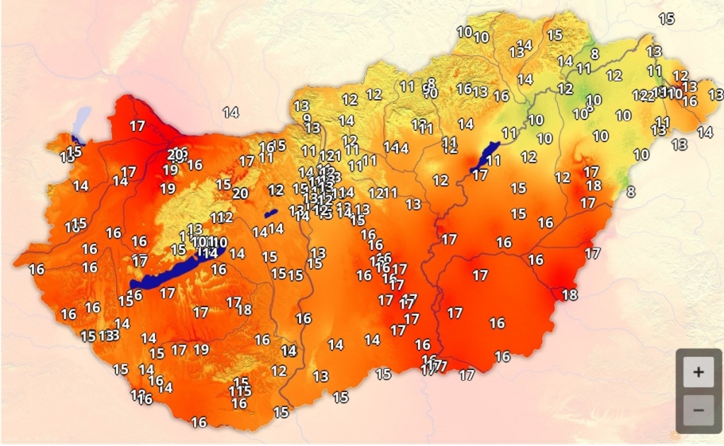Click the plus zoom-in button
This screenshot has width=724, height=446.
click(699, 372)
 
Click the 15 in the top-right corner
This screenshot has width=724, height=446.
click(667, 19)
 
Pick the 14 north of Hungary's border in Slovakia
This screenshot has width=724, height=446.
click(230, 112)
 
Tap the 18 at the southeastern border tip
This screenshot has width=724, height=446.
click(568, 295)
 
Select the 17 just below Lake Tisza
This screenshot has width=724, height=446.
click(480, 175)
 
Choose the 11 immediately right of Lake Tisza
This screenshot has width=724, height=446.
click(494, 161)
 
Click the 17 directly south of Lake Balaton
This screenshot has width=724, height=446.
click(168, 292)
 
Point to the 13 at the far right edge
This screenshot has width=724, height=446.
click(716, 93)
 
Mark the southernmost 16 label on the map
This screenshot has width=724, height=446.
click(199, 422)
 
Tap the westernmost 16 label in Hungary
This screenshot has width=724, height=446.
click(36, 269)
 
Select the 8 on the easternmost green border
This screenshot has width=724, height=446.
click(630, 191)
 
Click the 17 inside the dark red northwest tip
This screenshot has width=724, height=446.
click(138, 126)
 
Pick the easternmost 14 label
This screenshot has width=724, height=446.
click(704, 132)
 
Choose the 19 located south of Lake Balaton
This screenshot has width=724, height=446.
click(202, 349)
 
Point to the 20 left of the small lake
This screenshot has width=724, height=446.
click(240, 193)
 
